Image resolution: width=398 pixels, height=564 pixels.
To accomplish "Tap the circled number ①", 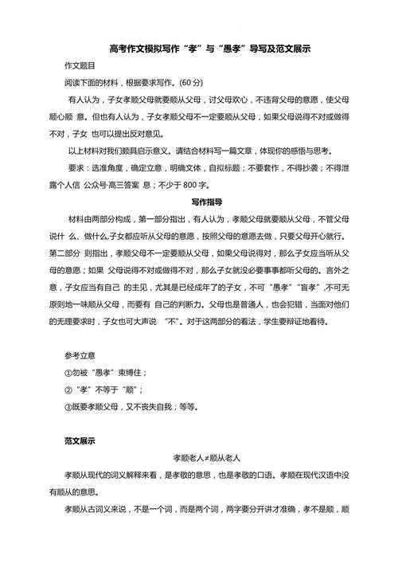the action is coord(68,372).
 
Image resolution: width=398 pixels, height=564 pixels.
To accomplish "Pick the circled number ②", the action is coord(68,389).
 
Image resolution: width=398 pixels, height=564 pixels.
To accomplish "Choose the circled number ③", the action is coord(68,406).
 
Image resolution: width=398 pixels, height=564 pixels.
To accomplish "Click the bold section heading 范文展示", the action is coord(80,441).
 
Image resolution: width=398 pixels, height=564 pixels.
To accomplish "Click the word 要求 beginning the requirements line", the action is coord(76,168).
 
